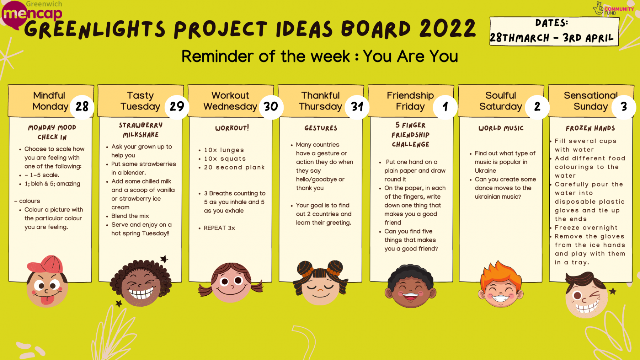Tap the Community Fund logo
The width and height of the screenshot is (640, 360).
pyautogui.click(x=613, y=9)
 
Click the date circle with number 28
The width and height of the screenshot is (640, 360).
pyautogui.click(x=82, y=107)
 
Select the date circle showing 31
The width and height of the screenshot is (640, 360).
pyautogui.click(x=357, y=107)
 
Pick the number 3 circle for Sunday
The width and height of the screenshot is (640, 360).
pyautogui.click(x=624, y=107)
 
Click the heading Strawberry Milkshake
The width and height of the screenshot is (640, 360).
pyautogui.click(x=141, y=130)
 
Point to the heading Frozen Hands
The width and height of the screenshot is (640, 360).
pyautogui.click(x=590, y=128)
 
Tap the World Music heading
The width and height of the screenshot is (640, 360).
pyautogui.click(x=501, y=128)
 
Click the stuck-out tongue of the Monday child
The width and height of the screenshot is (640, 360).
pyautogui.click(x=47, y=300)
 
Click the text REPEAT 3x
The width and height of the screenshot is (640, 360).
pyautogui.click(x=219, y=228)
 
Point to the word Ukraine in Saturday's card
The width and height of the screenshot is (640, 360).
pyautogui.click(x=485, y=171)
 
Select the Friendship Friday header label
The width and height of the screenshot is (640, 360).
pyautogui.click(x=410, y=101)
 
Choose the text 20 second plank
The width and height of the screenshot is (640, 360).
pyautogui.click(x=234, y=167)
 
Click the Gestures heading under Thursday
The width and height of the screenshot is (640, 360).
pyautogui.click(x=321, y=128)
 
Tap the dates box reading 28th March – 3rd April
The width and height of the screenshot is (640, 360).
pyautogui.click(x=554, y=31)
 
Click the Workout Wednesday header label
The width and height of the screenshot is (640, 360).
pyautogui.click(x=230, y=101)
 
